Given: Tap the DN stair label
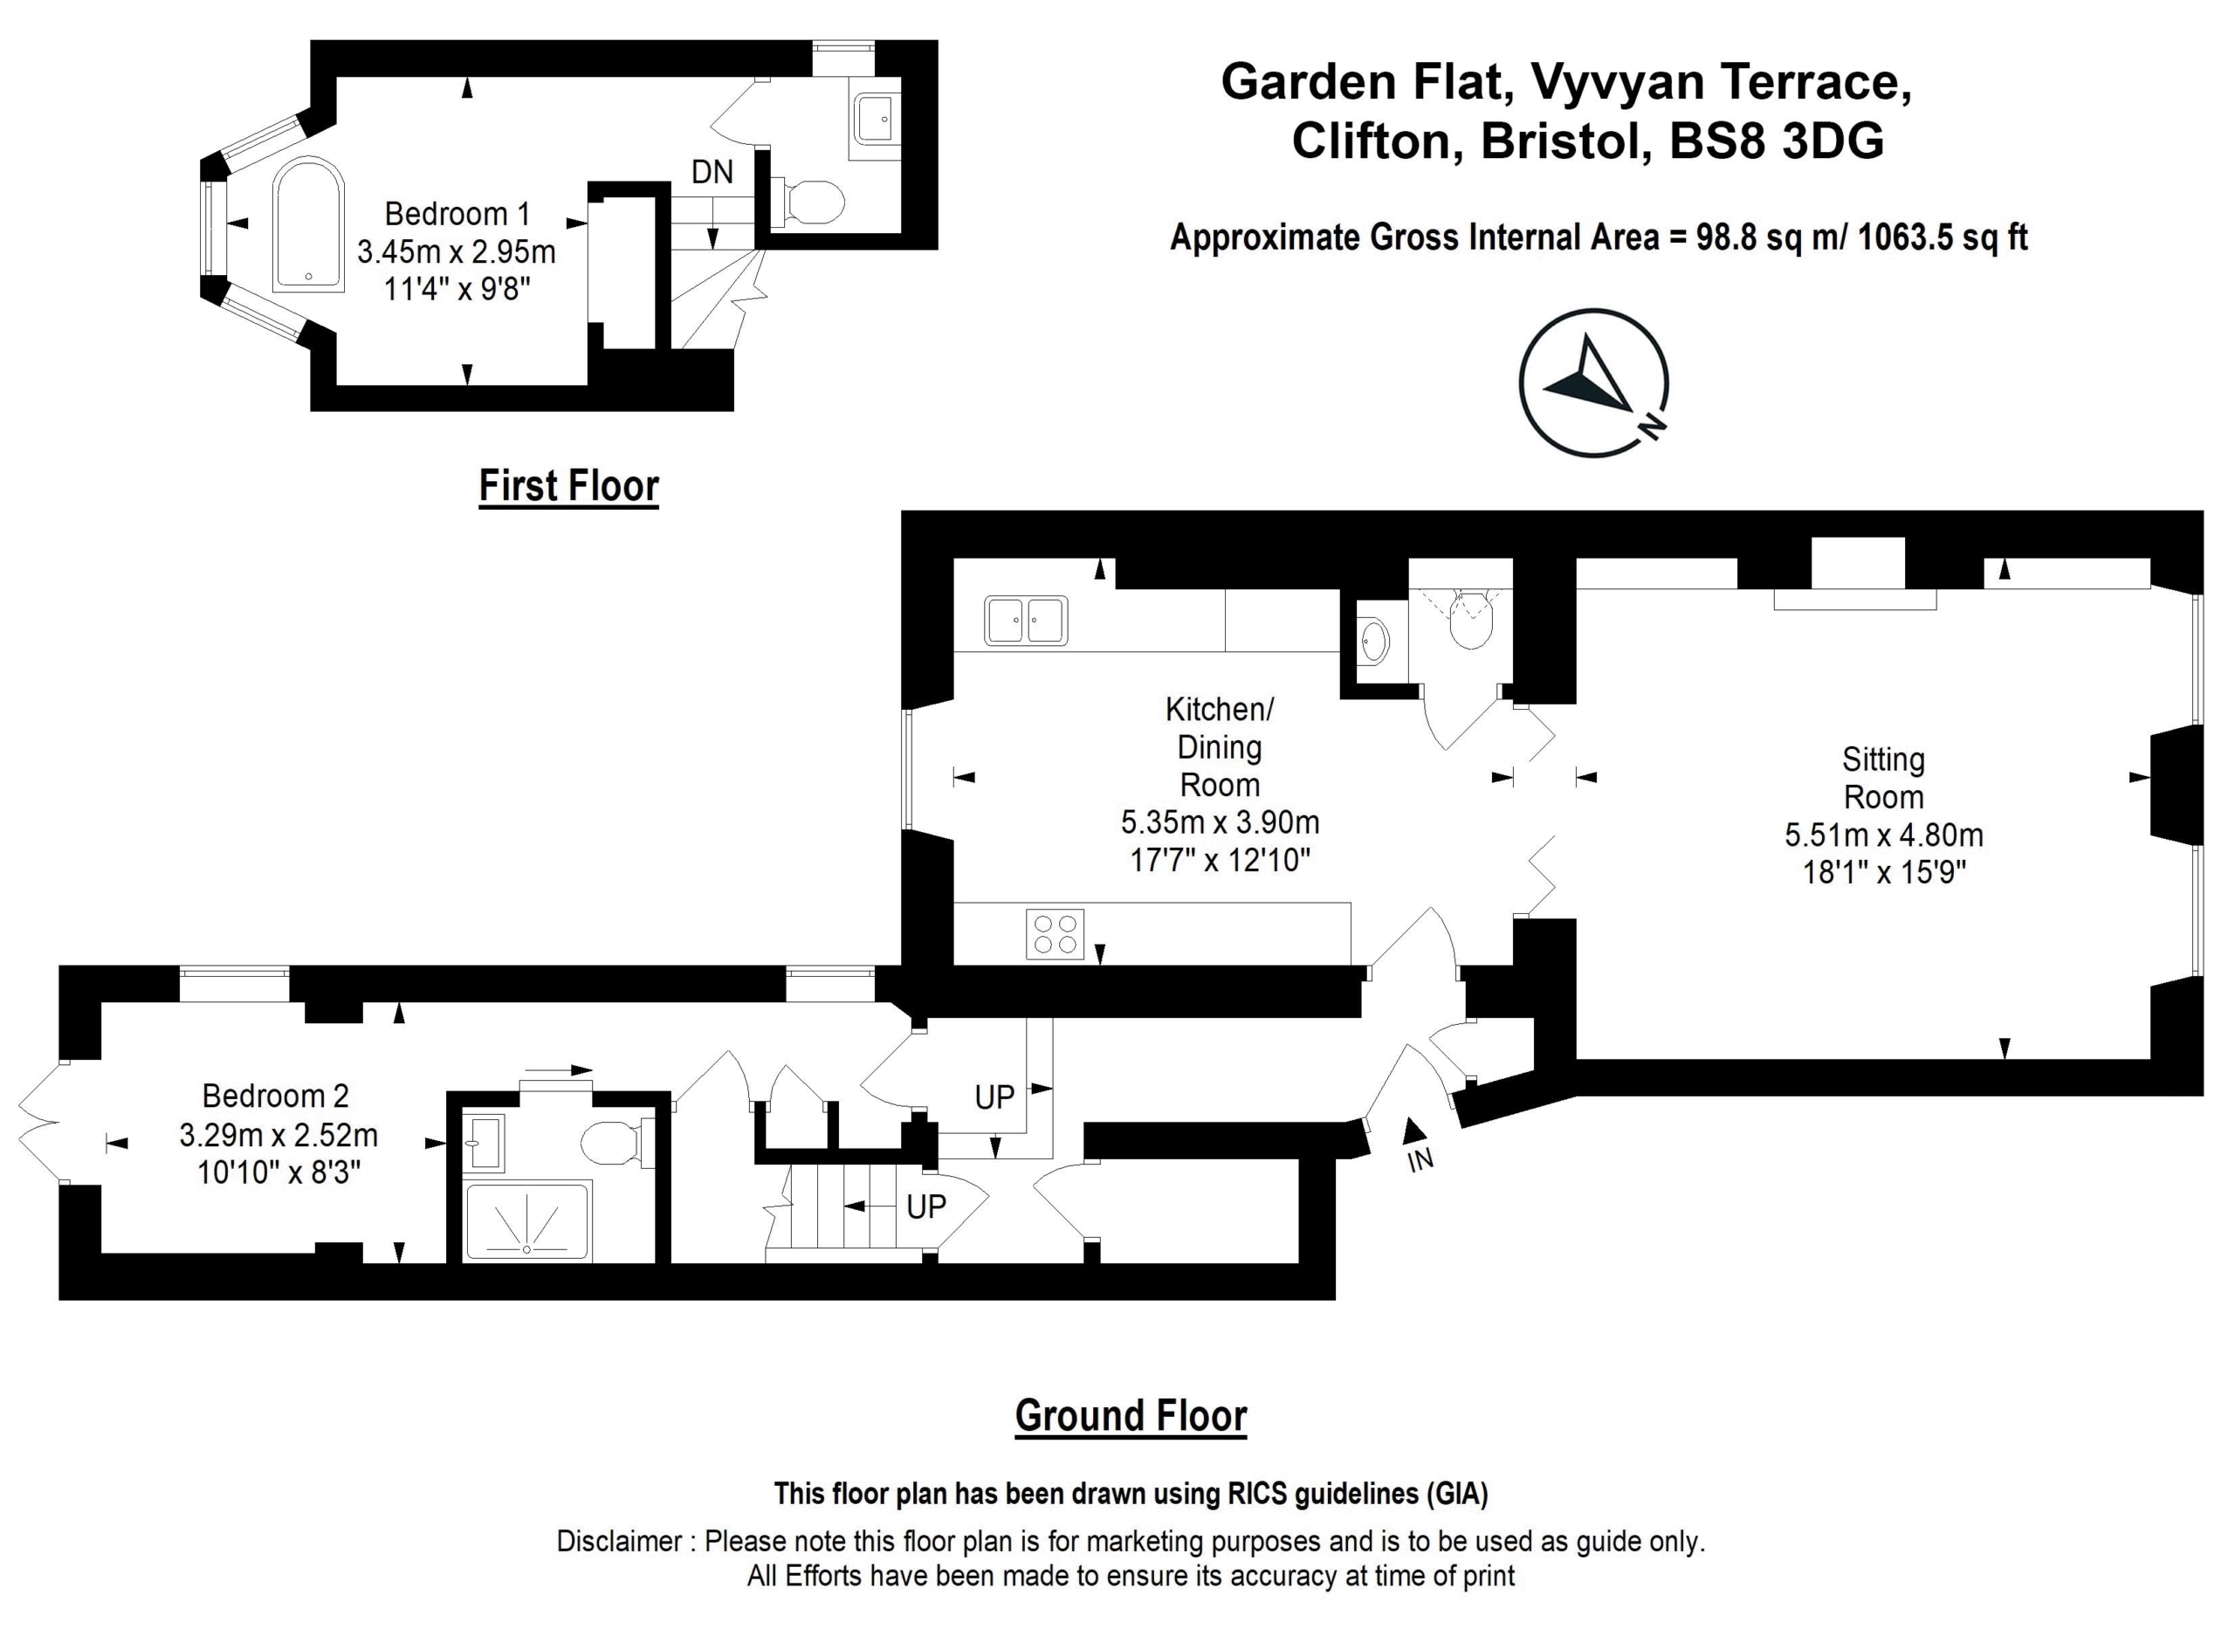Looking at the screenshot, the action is [712, 173].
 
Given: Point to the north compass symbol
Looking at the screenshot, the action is [1594, 383].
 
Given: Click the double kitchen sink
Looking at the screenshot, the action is [1025, 620].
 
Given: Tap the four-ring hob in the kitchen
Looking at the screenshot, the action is [1055, 934].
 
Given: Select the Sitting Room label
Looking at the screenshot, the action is [1883, 778].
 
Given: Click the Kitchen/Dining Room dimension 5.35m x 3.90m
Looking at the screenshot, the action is [1220, 822].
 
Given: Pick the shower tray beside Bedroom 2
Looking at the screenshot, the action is [527, 1220].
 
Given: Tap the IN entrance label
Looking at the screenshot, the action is [1420, 1159].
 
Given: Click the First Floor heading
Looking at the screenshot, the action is [569, 486].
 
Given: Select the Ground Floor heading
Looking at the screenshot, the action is [1131, 1416].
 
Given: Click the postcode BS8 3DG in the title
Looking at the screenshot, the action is [1777, 141].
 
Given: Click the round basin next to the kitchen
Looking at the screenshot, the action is [1372, 641].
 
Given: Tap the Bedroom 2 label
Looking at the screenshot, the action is [275, 1096].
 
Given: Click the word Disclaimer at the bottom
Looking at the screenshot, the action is [619, 1540].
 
